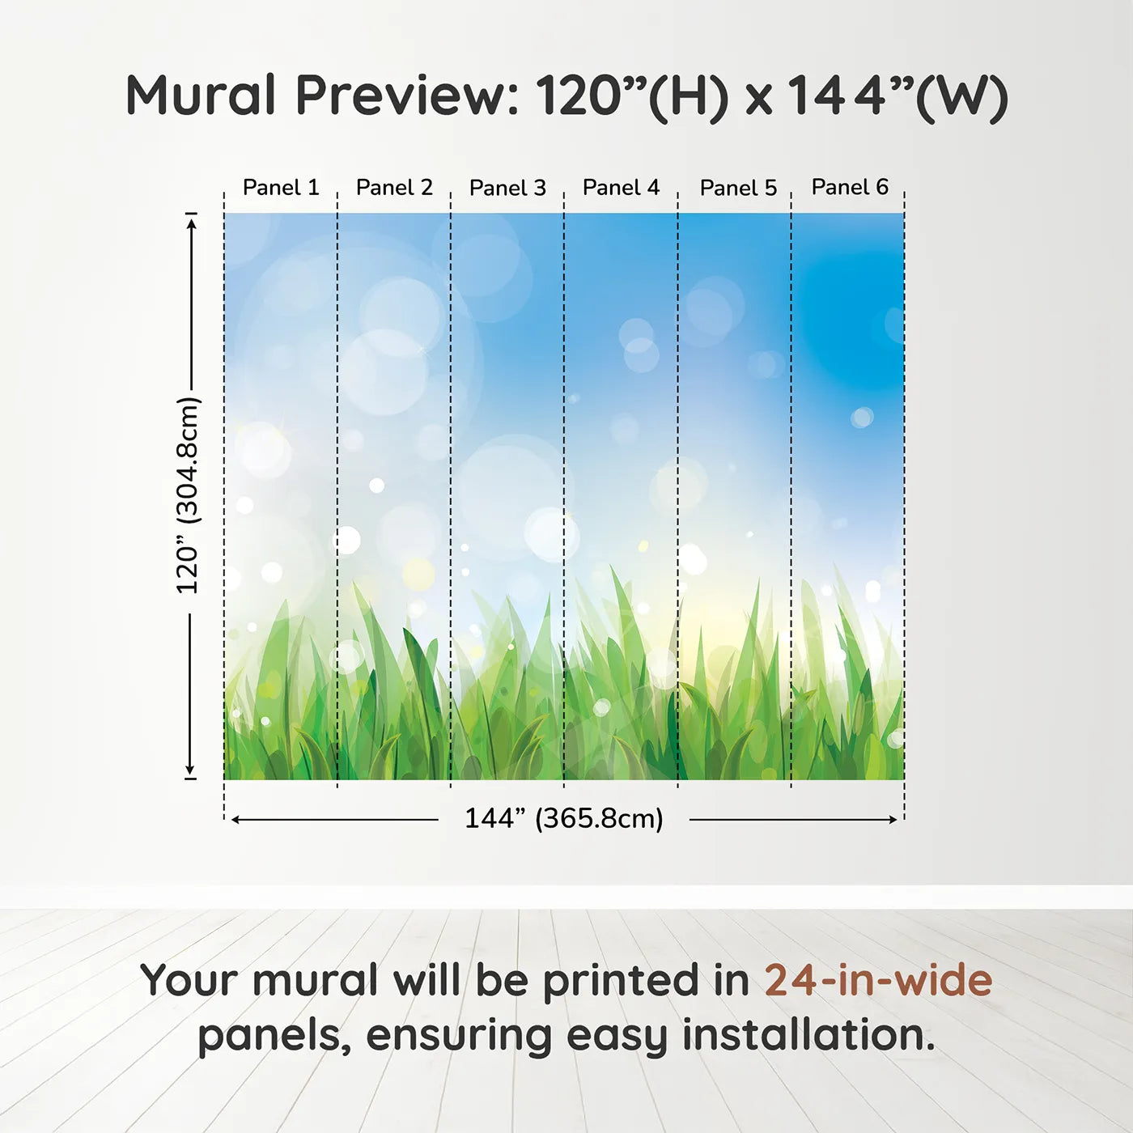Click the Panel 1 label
pyautogui.click(x=281, y=188)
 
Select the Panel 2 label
pyautogui.click(x=394, y=188)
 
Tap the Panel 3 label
pyautogui.click(x=507, y=188)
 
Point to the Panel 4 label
pyautogui.click(x=621, y=188)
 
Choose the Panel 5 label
pyautogui.click(x=738, y=188)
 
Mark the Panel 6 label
pyautogui.click(x=850, y=187)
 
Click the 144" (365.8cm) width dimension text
pyautogui.click(x=563, y=818)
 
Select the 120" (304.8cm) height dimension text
pyautogui.click(x=188, y=495)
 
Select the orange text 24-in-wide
pyautogui.click(x=878, y=981)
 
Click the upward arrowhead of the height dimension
pyautogui.click(x=191, y=223)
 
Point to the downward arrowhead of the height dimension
pyautogui.click(x=191, y=770)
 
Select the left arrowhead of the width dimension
pyautogui.click(x=236, y=820)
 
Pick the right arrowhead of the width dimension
pyautogui.click(x=893, y=820)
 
